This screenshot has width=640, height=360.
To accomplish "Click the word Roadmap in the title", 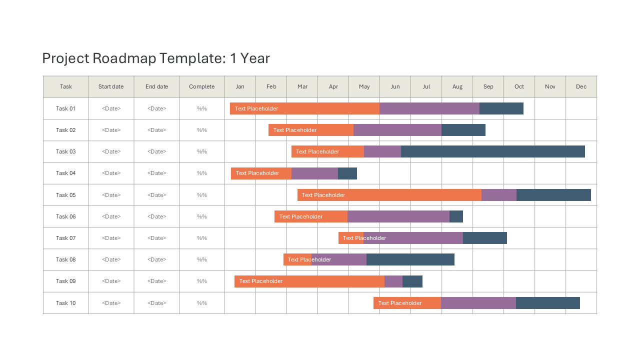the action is (124, 58).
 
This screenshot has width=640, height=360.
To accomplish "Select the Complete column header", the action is (201, 86).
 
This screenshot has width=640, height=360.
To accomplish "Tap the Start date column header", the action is (111, 86).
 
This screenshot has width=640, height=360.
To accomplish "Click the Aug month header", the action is (457, 86).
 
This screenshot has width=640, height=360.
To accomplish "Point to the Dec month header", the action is (581, 86).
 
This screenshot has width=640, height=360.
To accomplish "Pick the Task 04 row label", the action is (65, 173).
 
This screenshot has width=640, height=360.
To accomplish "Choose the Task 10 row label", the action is (65, 303).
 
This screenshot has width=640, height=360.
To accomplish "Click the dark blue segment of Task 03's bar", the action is (493, 151).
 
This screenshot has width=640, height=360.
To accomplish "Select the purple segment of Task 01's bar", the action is (429, 108).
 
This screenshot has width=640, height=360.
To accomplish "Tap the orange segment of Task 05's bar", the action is (389, 195).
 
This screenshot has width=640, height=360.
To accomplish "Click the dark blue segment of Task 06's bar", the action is (456, 216).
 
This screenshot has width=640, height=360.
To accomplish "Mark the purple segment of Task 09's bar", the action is (393, 281).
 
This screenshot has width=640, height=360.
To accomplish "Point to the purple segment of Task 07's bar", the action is (413, 238).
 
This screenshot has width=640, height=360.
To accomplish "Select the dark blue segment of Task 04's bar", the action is (347, 173).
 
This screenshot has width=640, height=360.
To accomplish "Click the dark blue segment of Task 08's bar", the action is (410, 259).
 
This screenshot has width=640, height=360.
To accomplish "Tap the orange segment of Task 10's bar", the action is (407, 303).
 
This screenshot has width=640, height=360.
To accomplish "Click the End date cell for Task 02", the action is (156, 130).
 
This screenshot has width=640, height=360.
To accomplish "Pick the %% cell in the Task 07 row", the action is (201, 238).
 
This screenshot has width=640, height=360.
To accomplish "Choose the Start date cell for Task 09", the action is (111, 281).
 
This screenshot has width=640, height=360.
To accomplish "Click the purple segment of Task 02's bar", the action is (397, 130).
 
